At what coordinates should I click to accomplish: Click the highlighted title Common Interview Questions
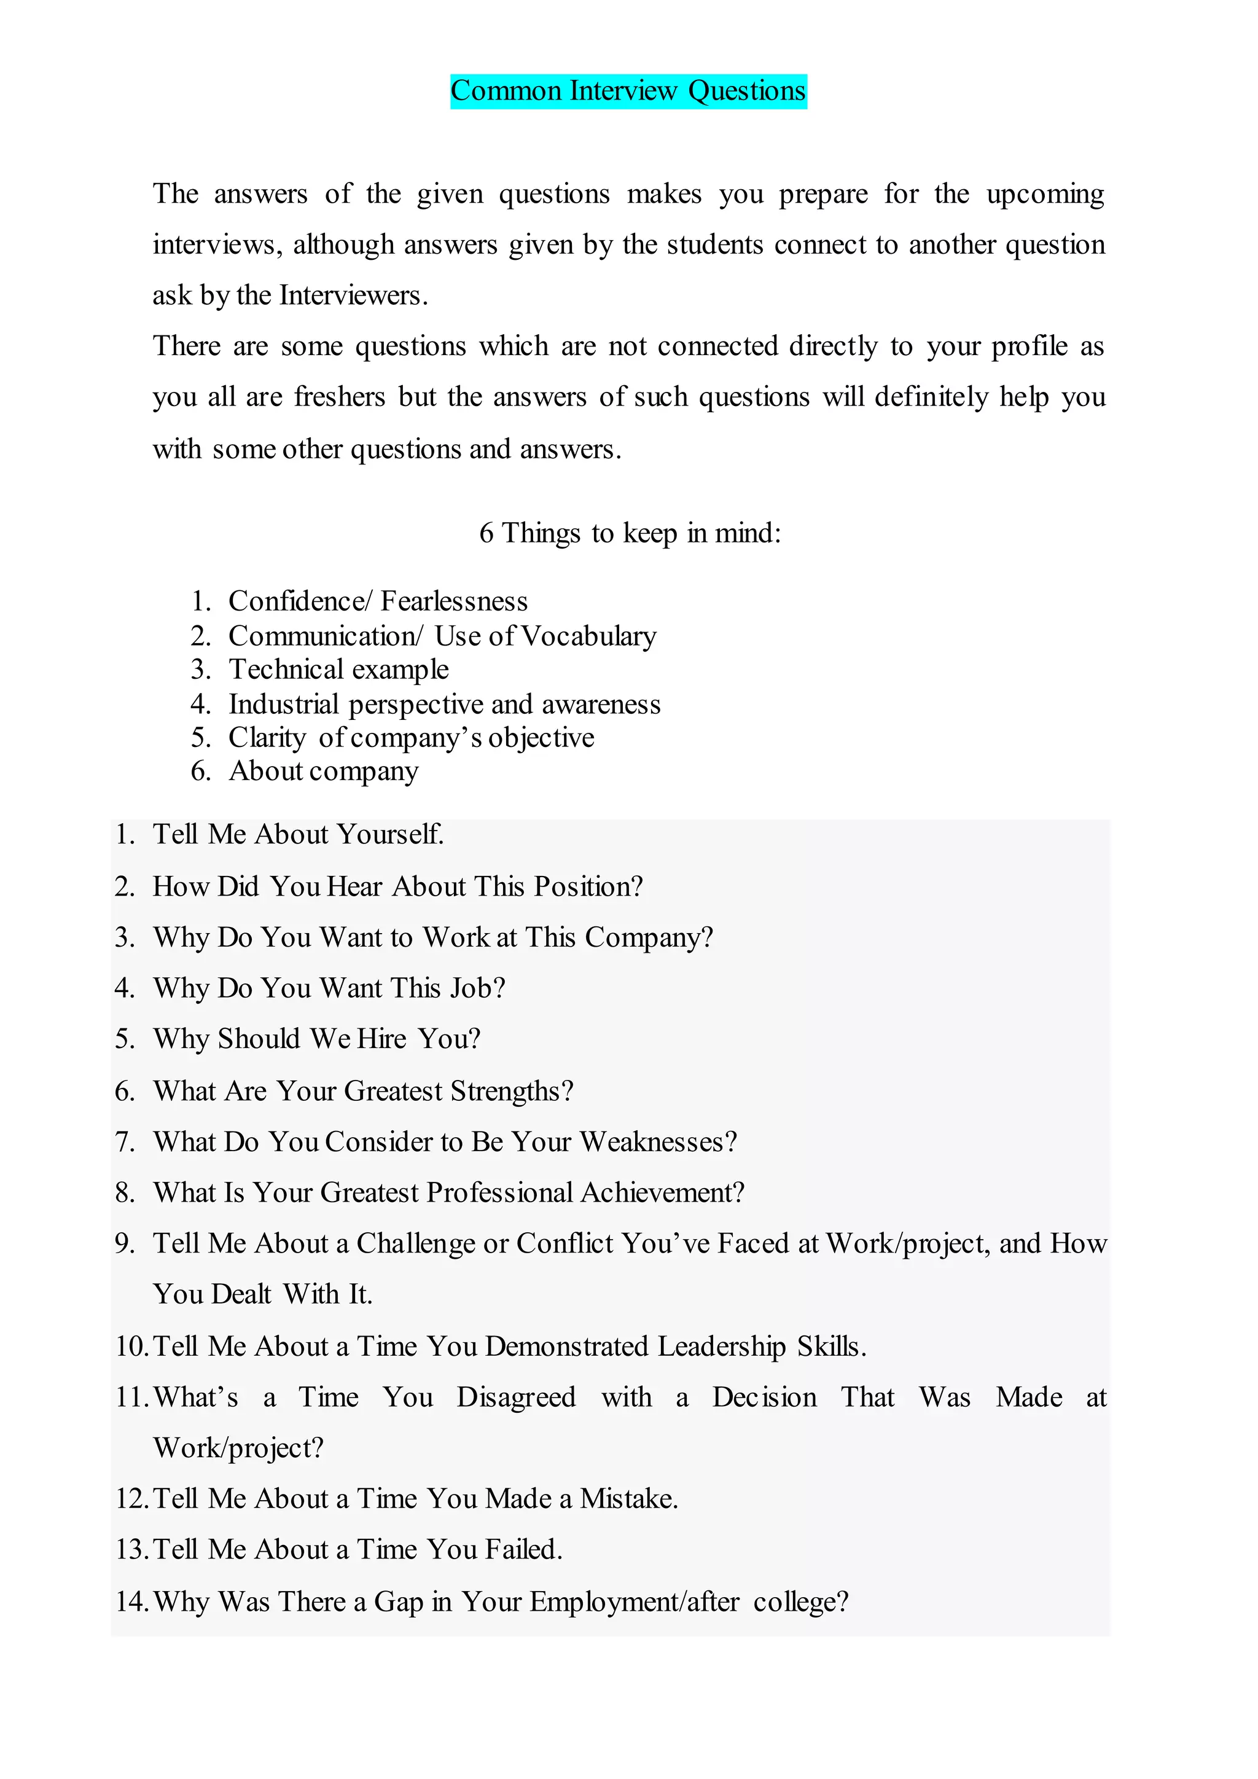[628, 92]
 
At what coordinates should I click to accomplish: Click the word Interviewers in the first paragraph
[353, 295]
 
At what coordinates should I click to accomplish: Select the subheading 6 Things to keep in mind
[630, 533]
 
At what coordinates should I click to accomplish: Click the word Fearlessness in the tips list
[454, 601]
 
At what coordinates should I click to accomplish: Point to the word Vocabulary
[588, 636]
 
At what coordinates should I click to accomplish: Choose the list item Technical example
[338, 670]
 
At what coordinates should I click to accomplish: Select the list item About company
[323, 772]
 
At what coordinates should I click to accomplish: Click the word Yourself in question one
[391, 834]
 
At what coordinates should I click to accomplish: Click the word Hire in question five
[381, 1039]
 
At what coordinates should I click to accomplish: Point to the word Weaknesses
[658, 1142]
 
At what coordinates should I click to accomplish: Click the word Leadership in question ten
[721, 1347]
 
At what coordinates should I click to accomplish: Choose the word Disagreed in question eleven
[516, 1397]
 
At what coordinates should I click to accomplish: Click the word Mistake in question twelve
[628, 1498]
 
